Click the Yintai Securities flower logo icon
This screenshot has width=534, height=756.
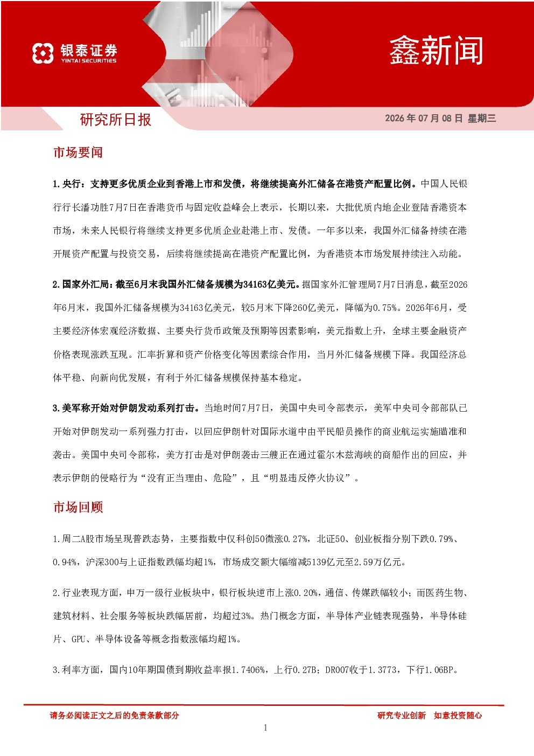click(x=43, y=53)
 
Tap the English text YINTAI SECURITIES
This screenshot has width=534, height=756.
click(x=89, y=61)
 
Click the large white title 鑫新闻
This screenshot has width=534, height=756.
click(x=436, y=51)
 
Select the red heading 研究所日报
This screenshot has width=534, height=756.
click(x=115, y=120)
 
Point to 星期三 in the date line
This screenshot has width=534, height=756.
click(x=482, y=118)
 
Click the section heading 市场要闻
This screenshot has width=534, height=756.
click(x=78, y=152)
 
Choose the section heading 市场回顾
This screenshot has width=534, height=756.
click(x=78, y=507)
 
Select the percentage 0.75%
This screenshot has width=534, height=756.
click(x=384, y=308)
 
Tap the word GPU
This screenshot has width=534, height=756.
click(x=78, y=639)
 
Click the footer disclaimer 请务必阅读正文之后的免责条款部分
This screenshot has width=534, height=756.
click(x=114, y=716)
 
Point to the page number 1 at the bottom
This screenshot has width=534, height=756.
click(x=265, y=728)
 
